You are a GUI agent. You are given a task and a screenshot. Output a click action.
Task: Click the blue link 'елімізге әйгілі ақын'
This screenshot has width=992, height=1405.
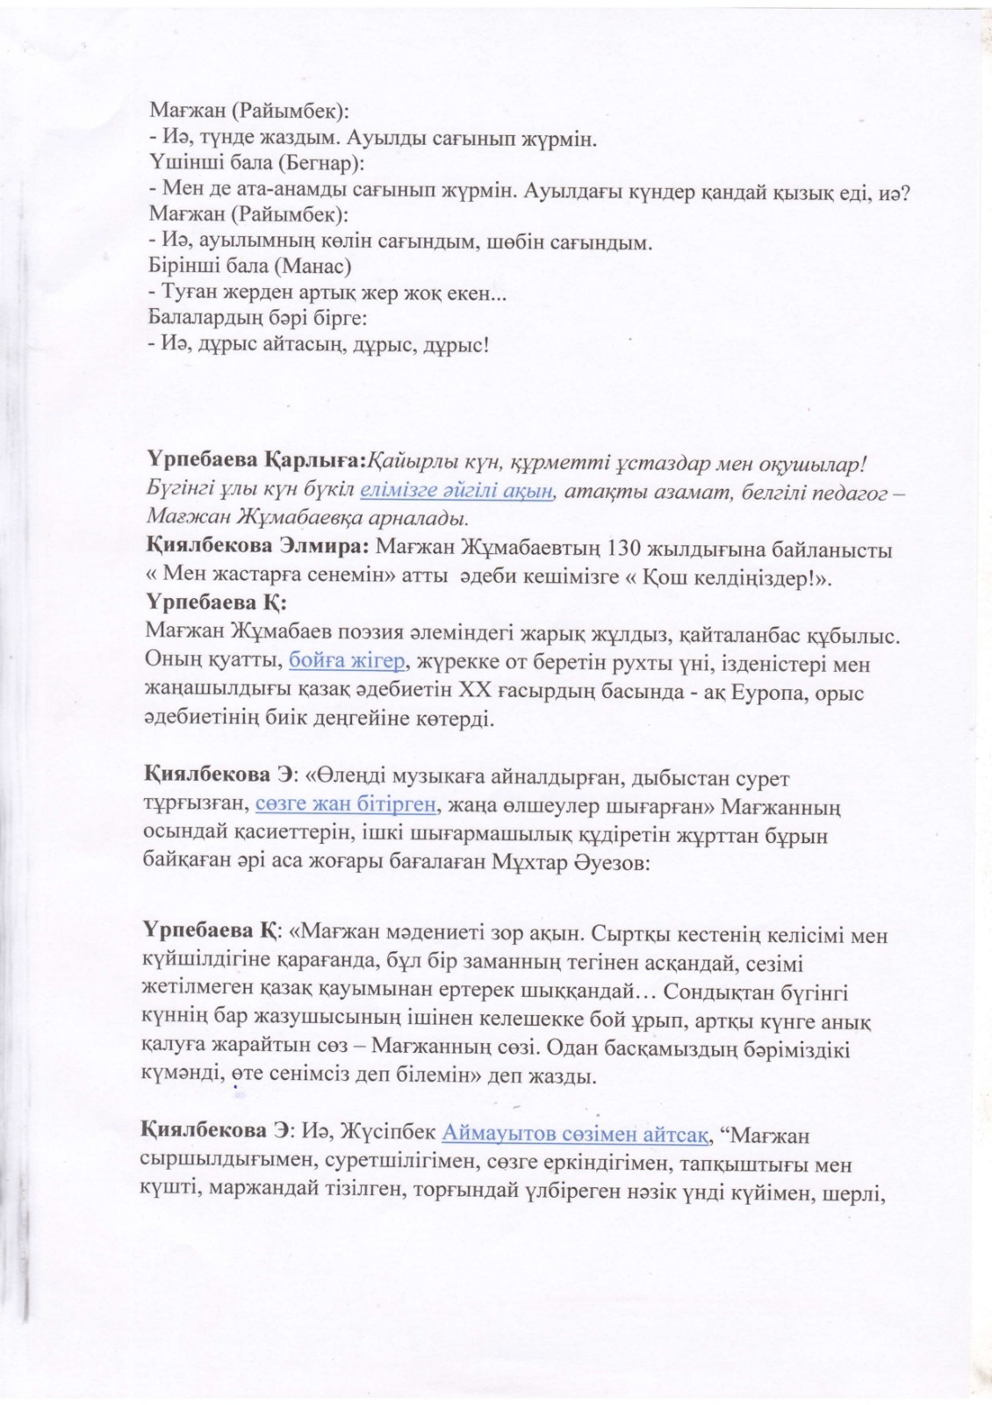[456, 490]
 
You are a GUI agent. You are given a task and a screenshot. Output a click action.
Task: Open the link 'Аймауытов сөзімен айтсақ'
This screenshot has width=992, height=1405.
[575, 1135]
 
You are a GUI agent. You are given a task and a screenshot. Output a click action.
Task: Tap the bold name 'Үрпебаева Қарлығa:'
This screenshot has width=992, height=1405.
[253, 461]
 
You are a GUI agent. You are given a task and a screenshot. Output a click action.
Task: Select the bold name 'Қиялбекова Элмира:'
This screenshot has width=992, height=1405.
[255, 551]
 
